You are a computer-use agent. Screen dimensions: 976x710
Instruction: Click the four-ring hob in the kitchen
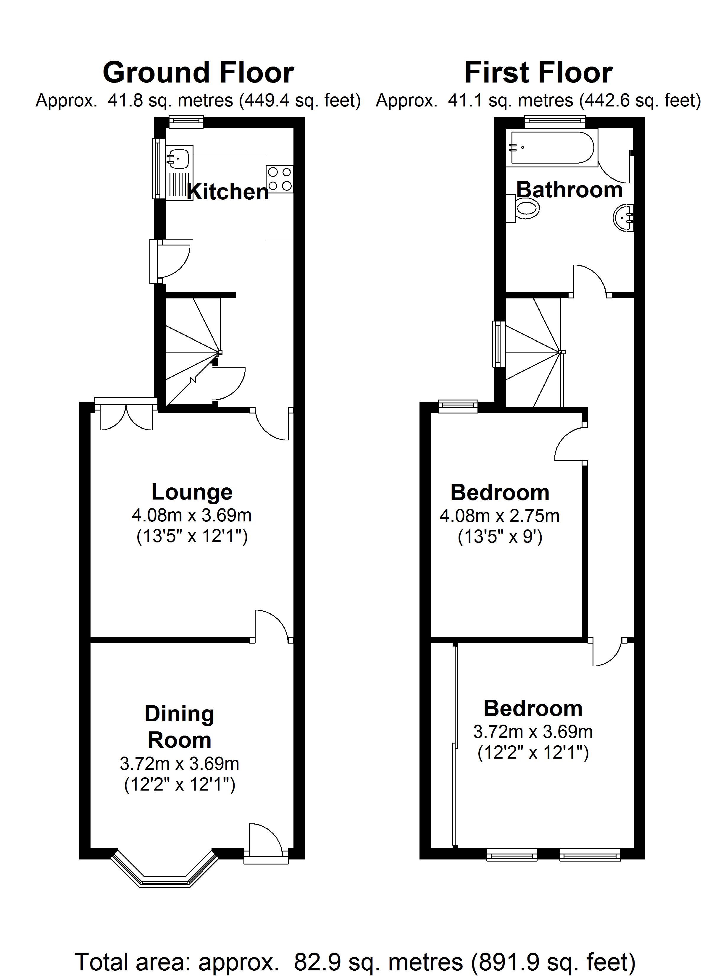280,179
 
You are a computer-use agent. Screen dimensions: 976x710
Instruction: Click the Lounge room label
192,492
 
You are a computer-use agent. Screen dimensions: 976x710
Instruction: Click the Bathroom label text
569,190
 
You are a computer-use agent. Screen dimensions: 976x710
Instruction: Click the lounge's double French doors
126,416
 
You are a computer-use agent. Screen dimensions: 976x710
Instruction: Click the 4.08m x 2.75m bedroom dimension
499,516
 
